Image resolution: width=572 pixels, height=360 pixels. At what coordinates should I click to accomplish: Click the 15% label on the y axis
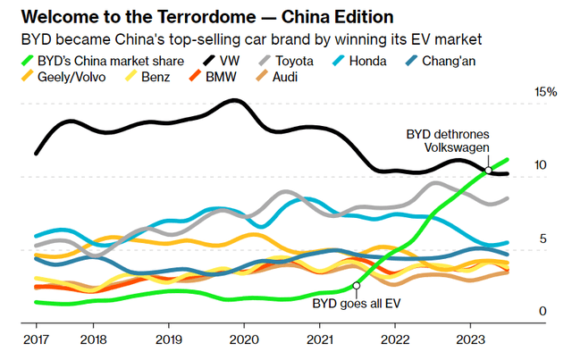click(545, 92)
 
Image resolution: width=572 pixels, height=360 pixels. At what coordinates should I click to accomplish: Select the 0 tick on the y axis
click(541, 311)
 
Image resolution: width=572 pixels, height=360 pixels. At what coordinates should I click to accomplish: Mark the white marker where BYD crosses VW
click(488, 170)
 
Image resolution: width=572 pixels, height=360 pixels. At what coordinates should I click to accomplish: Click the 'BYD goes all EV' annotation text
click(356, 304)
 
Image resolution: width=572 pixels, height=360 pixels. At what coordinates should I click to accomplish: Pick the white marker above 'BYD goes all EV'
click(356, 286)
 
